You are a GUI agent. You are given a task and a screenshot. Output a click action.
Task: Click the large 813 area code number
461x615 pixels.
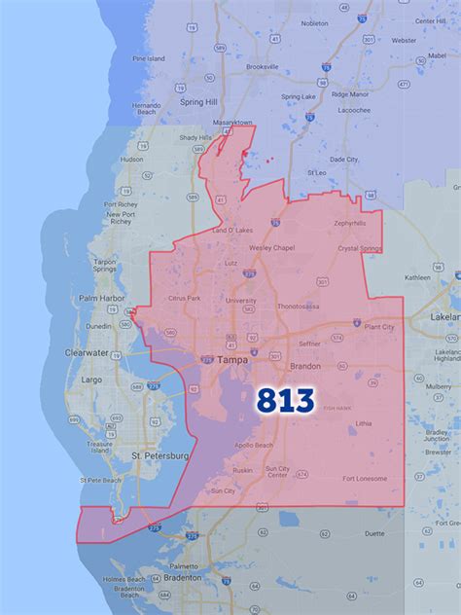click(286, 400)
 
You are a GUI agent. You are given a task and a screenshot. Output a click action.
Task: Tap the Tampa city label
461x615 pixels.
click(232, 359)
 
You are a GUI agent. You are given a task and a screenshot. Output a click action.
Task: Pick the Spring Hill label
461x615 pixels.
click(198, 101)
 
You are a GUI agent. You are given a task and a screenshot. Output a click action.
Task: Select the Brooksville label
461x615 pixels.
click(235, 67)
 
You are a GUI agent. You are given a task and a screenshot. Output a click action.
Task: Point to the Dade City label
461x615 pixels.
click(345, 158)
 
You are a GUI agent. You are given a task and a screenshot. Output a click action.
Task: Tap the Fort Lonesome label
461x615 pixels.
click(366, 477)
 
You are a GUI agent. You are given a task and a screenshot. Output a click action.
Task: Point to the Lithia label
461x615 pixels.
click(364, 423)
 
